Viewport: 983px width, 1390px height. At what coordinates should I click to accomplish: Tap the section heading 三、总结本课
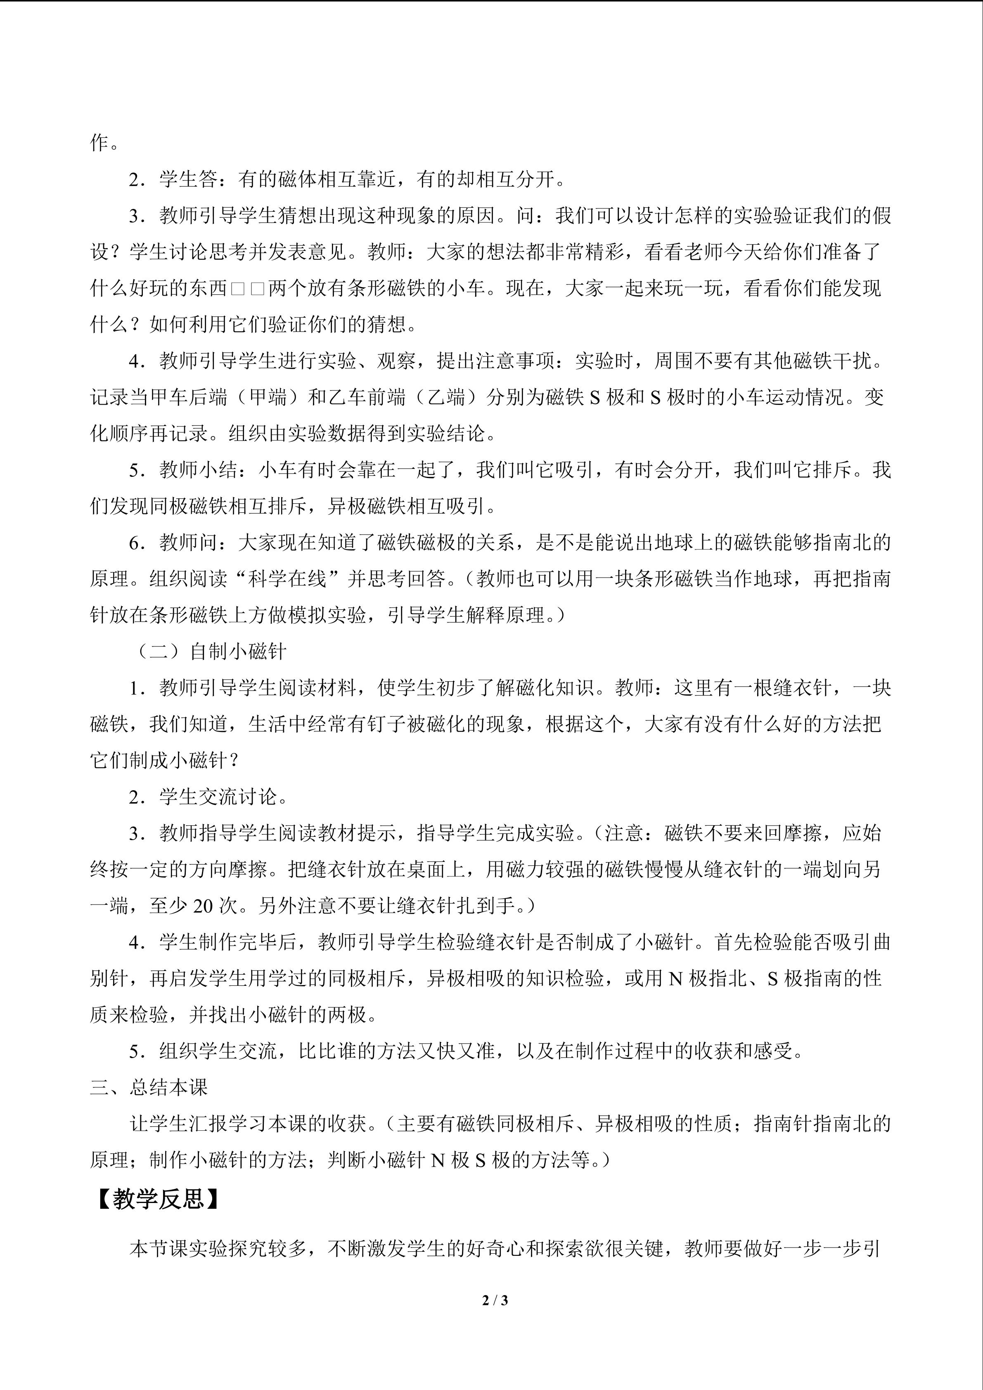pos(149,1087)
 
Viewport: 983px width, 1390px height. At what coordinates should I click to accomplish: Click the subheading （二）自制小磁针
pos(209,651)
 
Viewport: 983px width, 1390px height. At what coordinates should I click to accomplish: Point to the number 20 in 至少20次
pos(204,906)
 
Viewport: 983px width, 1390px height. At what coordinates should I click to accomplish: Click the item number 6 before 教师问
pos(135,542)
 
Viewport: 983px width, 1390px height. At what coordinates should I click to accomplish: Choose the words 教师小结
pos(199,470)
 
